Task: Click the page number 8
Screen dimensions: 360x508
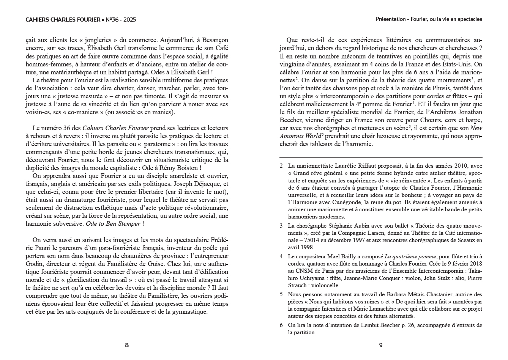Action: point(127,345)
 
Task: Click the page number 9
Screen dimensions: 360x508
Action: point(381,345)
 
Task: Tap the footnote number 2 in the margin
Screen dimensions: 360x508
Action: point(281,166)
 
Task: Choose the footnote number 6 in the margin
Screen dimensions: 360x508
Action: point(281,325)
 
